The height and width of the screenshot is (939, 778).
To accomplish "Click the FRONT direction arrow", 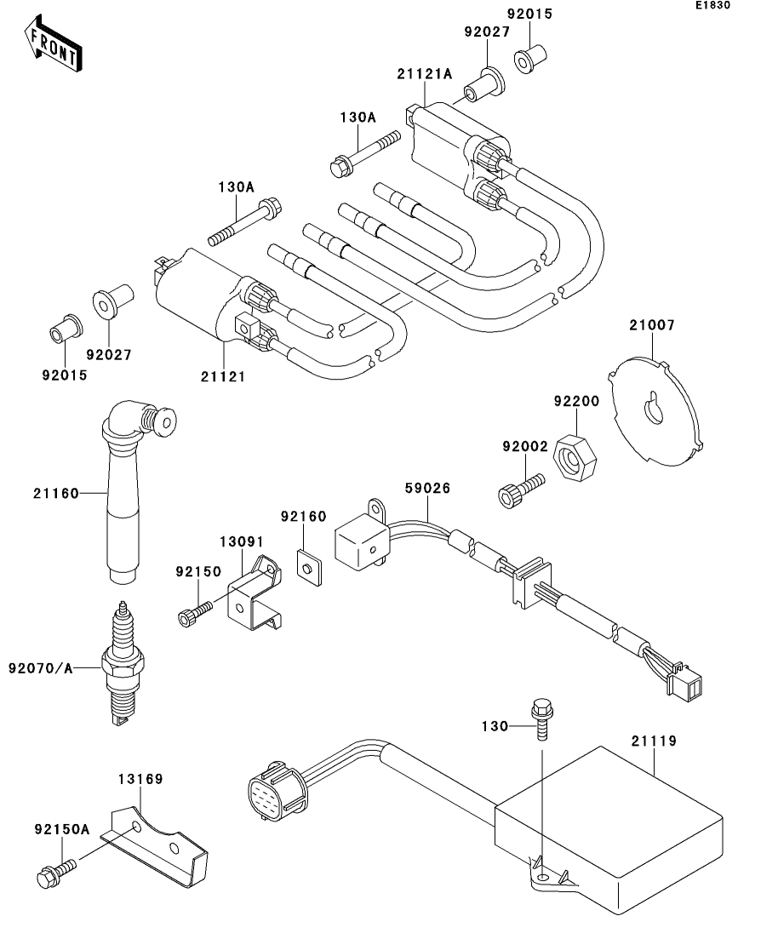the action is click(x=53, y=44).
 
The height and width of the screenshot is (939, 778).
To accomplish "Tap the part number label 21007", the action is click(x=652, y=325).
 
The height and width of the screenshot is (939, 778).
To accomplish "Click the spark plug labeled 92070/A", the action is click(x=123, y=663).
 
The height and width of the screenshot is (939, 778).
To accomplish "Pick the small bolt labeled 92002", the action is click(x=520, y=490).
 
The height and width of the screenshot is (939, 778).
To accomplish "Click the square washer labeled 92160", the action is click(x=309, y=566).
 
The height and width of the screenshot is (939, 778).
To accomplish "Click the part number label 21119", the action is click(x=654, y=741).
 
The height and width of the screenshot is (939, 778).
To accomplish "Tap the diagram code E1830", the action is click(x=712, y=5).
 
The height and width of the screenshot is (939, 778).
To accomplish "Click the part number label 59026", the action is click(x=427, y=488).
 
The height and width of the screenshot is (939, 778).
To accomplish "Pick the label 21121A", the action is click(x=424, y=74).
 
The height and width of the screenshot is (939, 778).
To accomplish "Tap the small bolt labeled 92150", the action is click(x=195, y=614).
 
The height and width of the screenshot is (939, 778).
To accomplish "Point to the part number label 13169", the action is click(x=140, y=779).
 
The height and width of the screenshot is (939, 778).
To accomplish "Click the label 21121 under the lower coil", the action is click(x=223, y=376).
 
